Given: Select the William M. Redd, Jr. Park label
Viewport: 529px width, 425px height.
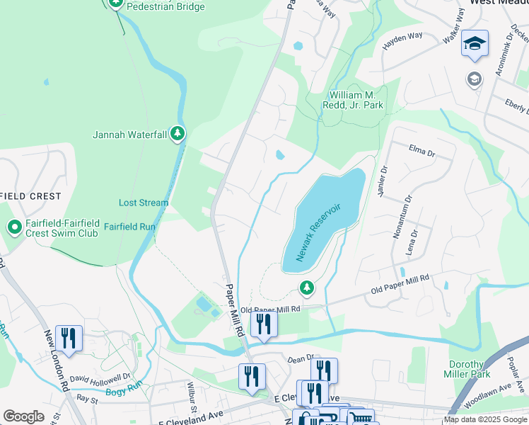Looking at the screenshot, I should tap(356, 100).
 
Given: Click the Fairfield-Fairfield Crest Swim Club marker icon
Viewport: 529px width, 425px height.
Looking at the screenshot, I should tap(14, 227).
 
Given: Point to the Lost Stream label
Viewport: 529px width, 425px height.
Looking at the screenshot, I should tap(144, 203).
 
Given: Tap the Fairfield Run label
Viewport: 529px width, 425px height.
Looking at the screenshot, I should tap(129, 227).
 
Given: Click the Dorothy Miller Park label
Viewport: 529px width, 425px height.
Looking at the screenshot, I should tap(467, 369).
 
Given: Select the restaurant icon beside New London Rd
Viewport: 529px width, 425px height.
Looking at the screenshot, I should tap(69, 338).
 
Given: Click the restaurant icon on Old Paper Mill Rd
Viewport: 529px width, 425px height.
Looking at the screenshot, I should tap(264, 324).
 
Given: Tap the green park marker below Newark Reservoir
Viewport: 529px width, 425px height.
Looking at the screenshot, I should tap(306, 287).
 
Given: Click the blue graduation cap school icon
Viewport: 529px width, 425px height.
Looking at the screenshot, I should tap(475, 43).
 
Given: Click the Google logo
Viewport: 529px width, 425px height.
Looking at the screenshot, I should tap(23, 416).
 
